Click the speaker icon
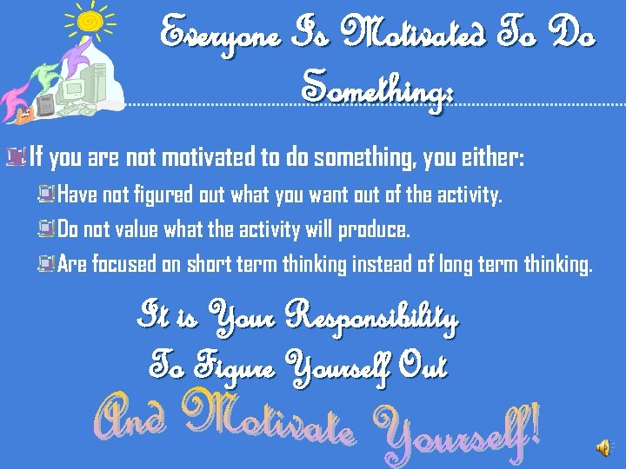[603, 447]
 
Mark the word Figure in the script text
[234, 366]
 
